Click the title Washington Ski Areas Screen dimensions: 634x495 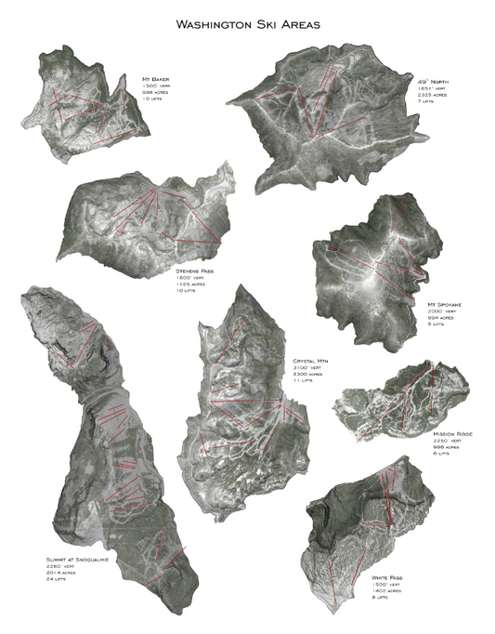point(248,25)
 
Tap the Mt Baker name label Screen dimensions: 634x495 point(156,80)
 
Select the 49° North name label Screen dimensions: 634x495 point(432,82)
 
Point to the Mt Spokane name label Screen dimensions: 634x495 point(443,303)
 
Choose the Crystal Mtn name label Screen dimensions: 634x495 point(311,360)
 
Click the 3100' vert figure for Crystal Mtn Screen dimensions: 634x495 point(307,367)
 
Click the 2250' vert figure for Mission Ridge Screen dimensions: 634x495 point(448,442)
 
